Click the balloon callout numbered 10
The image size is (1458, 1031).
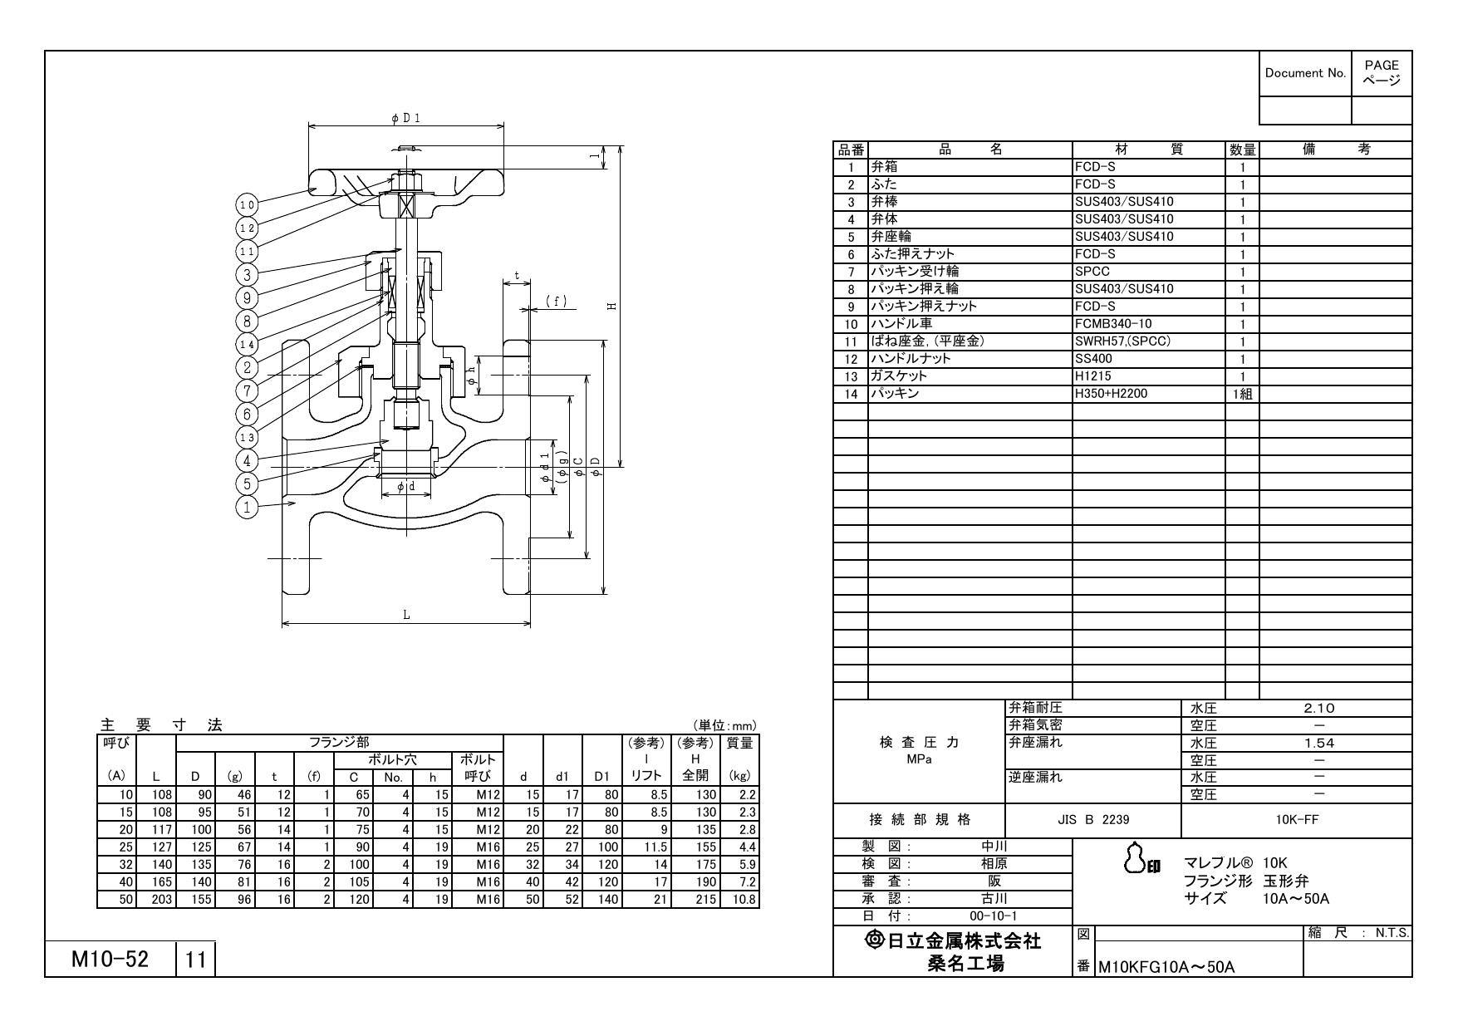click(x=247, y=204)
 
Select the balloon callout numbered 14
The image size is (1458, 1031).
click(x=247, y=344)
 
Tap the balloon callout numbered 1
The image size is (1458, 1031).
click(x=247, y=506)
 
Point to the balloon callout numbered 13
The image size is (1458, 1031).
click(x=247, y=437)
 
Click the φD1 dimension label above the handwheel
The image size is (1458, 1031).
click(x=406, y=118)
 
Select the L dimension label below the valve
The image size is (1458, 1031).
click(x=406, y=615)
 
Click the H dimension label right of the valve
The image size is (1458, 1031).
click(x=612, y=307)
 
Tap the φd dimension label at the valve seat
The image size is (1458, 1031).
click(x=405, y=487)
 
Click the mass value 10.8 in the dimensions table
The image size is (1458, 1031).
click(x=743, y=900)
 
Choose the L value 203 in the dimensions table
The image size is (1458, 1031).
click(x=161, y=900)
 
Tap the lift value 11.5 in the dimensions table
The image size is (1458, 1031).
click(x=655, y=847)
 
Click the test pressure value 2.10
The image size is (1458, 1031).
click(x=1318, y=709)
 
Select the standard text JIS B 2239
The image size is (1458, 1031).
click(x=1092, y=820)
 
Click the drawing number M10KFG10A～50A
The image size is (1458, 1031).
click(x=1166, y=967)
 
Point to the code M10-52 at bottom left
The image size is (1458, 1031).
click(x=110, y=960)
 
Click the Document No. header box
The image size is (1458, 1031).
click(x=1305, y=73)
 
